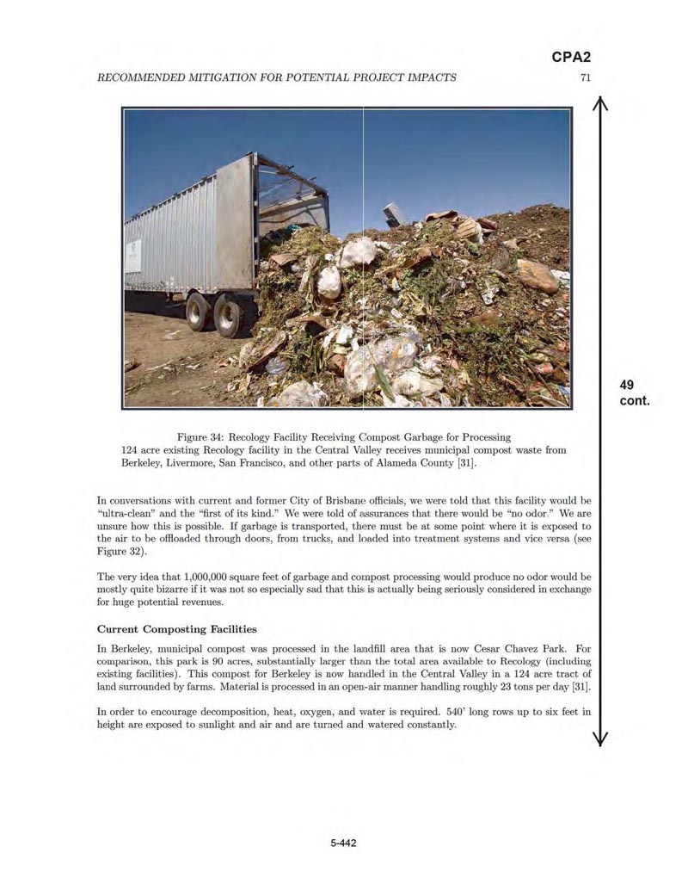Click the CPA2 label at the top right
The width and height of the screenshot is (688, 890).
571,58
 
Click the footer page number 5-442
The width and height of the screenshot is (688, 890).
343,843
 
